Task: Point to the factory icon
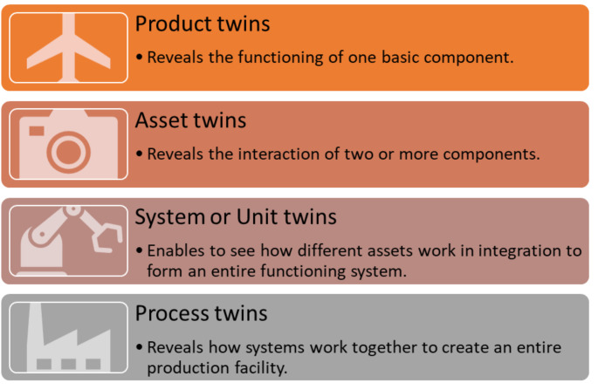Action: [69, 339]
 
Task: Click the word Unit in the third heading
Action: [259, 216]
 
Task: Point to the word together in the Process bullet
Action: [388, 347]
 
